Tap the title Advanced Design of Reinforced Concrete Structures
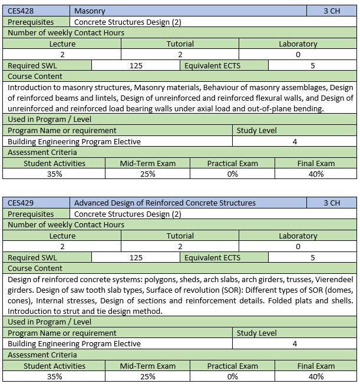pyautogui.click(x=164, y=203)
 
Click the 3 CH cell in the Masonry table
pyautogui.click(x=332, y=11)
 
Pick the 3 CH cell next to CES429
pyautogui.click(x=332, y=203)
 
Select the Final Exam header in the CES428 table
pyautogui.click(x=316, y=163)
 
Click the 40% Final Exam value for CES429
pyautogui.click(x=316, y=376)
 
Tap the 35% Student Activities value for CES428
pyautogui.click(x=54, y=174)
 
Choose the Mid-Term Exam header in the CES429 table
pyautogui.click(x=148, y=366)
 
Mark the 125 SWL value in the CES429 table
pyautogui.click(x=136, y=257)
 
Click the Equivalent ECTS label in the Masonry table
pyautogui.click(x=212, y=66)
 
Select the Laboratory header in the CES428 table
pyautogui.click(x=298, y=44)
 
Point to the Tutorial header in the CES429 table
pyautogui.click(x=180, y=236)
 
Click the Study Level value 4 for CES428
pyautogui.click(x=295, y=141)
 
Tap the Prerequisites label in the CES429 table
pyautogui.click(x=31, y=214)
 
